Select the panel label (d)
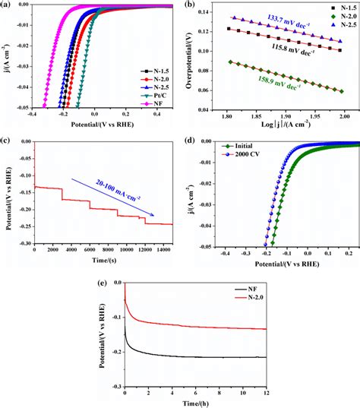pyautogui.click(x=191, y=141)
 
